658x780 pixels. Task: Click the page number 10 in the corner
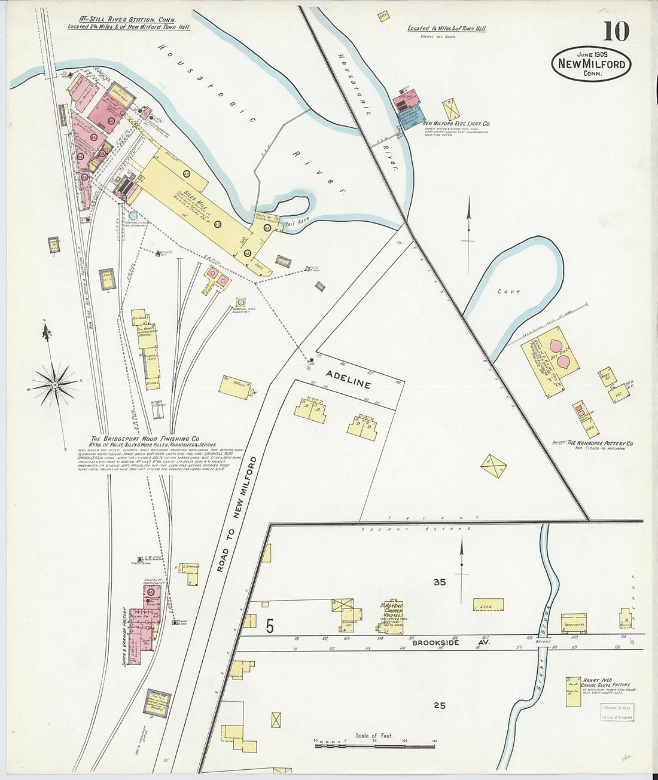616,30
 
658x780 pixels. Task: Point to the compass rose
55,384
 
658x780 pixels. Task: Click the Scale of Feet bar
374,745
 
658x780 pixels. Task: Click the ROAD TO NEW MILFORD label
237,514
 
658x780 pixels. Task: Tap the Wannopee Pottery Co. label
595,443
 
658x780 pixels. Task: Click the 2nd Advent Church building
393,614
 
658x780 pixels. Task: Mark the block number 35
440,582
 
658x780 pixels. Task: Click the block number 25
440,706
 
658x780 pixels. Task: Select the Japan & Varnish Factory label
125,637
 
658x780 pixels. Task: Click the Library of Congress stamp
617,712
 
